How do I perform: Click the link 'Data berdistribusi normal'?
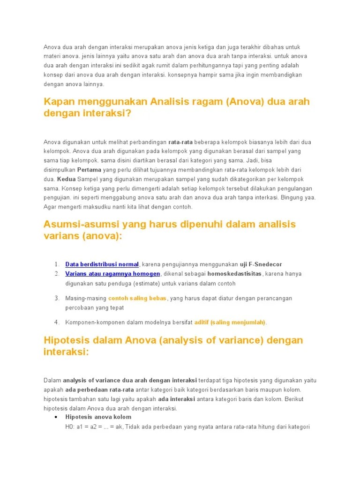coord(102,264)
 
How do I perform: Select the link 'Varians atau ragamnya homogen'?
coord(112,274)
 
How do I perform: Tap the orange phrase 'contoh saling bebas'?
coord(137,298)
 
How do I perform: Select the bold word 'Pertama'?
coord(89,170)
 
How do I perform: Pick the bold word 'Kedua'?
coord(67,179)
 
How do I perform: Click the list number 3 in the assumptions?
coord(57,298)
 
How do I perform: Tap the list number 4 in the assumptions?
coord(57,322)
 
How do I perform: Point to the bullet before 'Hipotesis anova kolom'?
coord(56,417)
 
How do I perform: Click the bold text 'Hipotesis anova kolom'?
coord(98,417)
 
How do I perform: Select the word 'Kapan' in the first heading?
coord(58,102)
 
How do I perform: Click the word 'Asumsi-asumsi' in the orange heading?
coord(80,224)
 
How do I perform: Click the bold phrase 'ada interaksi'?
coord(176,399)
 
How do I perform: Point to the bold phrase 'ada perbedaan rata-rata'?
coord(99,390)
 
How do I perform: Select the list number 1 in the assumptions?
coord(57,264)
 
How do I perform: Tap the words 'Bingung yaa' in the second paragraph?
coord(299,197)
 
